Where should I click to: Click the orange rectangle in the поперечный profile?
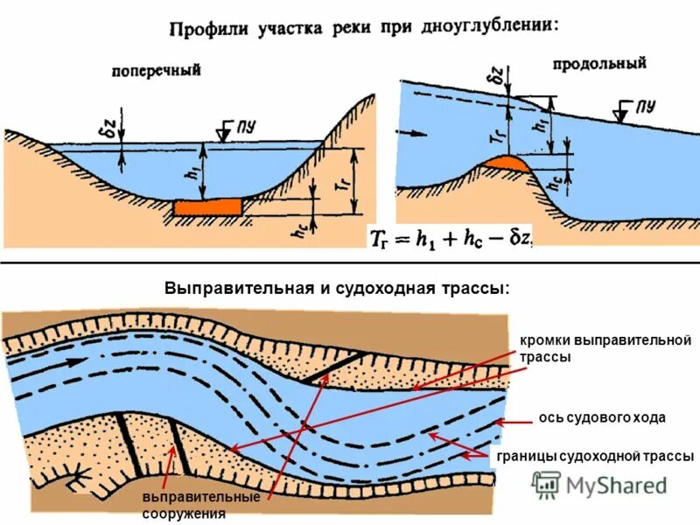pos(207,206)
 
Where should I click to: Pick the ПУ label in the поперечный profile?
pos(244,125)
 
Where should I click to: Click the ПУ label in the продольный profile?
pos(646,106)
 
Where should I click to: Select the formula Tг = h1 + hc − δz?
pos(451,237)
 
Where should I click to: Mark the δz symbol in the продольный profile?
pos(495,80)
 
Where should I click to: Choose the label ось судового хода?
pos(602,418)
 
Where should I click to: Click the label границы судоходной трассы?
pos(595,457)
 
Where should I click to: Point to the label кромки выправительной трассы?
pos(605,348)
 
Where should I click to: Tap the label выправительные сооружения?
pos(201,505)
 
